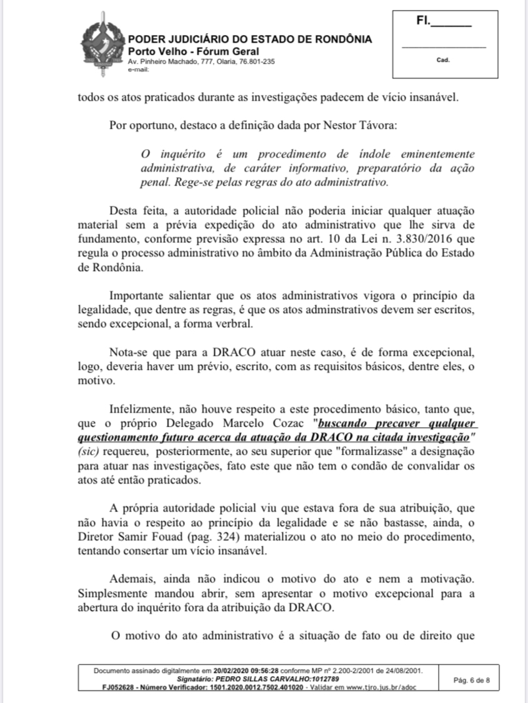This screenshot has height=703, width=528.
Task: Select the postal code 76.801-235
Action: pyautogui.click(x=253, y=61)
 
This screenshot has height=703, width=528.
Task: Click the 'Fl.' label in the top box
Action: pyautogui.click(x=423, y=21)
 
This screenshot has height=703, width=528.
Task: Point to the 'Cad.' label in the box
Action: pyautogui.click(x=444, y=61)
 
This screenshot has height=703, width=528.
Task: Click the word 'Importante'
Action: pyautogui.click(x=138, y=294)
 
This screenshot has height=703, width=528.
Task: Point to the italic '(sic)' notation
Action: pyautogui.click(x=89, y=451)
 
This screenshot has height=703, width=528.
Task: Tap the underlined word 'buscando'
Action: pyautogui.click(x=342, y=422)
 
